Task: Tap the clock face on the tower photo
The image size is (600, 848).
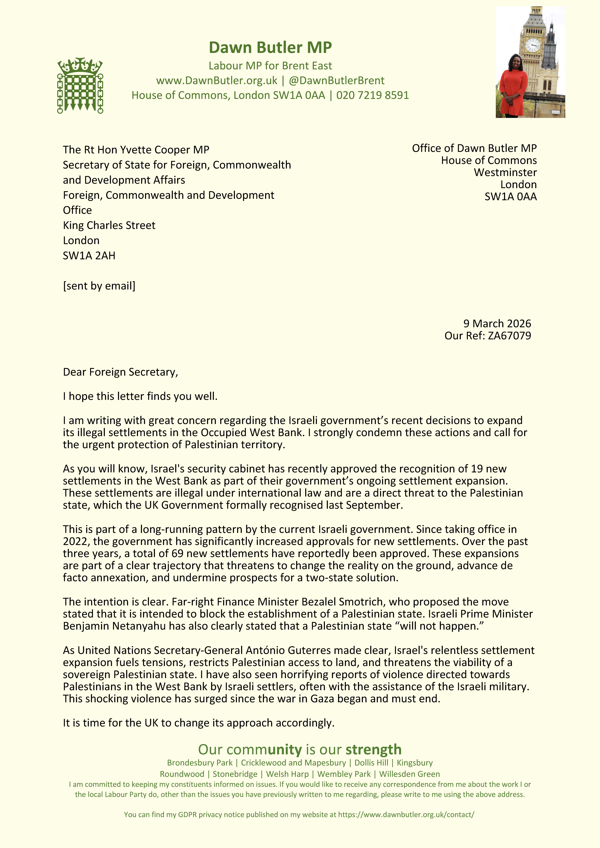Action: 532,45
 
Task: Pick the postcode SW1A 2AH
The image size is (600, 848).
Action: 89,256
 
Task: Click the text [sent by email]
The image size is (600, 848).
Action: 99,286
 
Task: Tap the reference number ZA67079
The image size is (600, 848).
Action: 509,336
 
